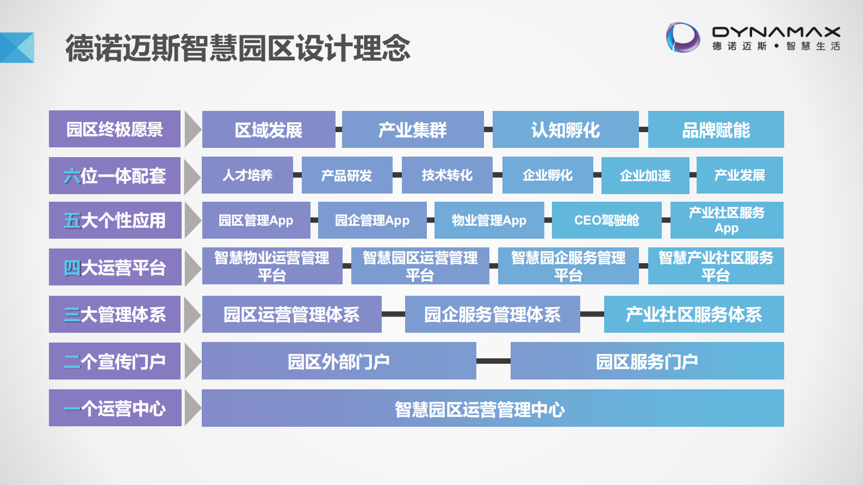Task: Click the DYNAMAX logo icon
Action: tap(683, 38)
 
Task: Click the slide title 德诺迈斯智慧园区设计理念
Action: tap(238, 48)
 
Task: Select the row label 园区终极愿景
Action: tap(115, 129)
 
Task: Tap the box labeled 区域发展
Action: tap(269, 130)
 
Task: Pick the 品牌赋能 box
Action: tap(716, 130)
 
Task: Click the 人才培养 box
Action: tap(247, 175)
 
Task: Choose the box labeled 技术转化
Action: tap(447, 175)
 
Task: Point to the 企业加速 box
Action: tap(645, 176)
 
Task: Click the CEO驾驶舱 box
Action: tap(606, 220)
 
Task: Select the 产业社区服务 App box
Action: tap(727, 220)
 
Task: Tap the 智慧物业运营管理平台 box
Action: tap(272, 266)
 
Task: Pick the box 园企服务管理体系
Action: tap(492, 314)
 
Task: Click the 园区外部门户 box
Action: tap(339, 361)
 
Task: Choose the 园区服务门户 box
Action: tap(647, 361)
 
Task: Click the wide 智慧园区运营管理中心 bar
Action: tap(493, 408)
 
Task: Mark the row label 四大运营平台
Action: tap(115, 267)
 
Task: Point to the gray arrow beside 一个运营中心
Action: tap(192, 408)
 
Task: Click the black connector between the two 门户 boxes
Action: tap(493, 361)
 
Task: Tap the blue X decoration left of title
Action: tap(17, 48)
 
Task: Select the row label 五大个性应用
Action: tap(115, 220)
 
